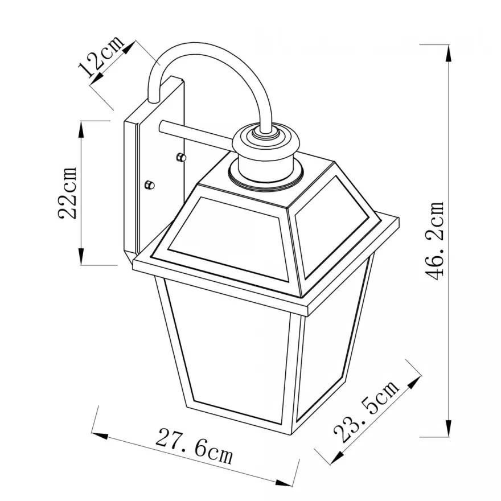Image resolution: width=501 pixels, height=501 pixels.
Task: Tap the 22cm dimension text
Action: click(x=67, y=192)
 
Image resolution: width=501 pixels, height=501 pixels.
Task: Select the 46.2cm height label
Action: click(x=433, y=241)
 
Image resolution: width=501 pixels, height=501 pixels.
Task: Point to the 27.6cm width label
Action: click(x=194, y=446)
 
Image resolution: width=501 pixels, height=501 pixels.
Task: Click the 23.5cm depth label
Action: click(x=366, y=410)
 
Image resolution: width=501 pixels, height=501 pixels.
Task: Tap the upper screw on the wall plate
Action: click(x=181, y=157)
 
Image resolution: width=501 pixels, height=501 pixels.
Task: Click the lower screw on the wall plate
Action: click(x=150, y=184)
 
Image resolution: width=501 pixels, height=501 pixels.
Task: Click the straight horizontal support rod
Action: click(x=195, y=132)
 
